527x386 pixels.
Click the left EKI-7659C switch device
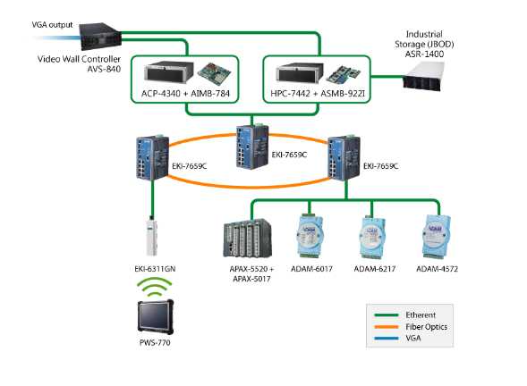click(x=149, y=157)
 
